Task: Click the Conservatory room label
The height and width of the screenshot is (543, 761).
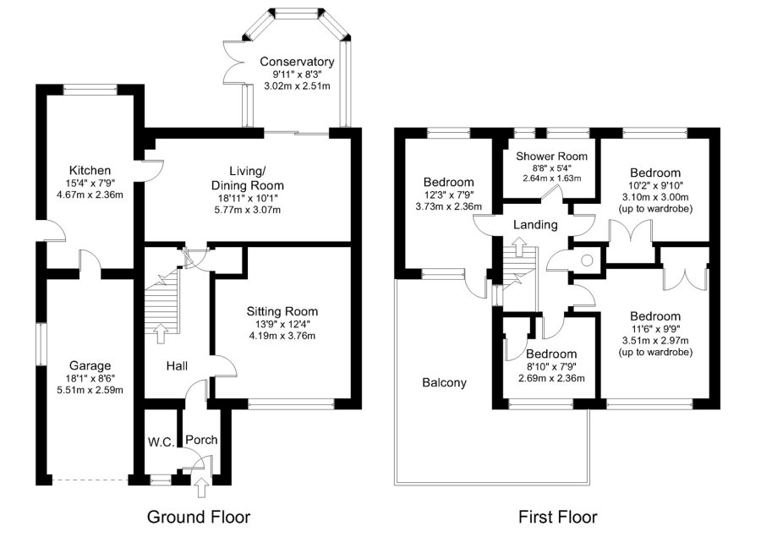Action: point(297,62)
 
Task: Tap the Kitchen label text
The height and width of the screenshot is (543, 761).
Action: point(90,147)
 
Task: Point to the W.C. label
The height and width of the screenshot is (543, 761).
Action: point(160,441)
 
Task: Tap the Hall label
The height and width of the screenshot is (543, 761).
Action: point(177,365)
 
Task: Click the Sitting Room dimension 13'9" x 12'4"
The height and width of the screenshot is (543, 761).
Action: point(282,324)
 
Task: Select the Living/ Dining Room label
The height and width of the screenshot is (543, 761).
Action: point(247,178)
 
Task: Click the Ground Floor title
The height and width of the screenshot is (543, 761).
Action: point(199,516)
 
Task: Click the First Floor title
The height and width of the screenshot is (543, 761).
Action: point(558,516)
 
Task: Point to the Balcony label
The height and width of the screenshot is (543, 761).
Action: point(444,382)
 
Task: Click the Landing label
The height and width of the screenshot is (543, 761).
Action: point(534,225)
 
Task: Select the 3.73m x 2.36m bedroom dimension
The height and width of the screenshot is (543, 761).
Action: point(448,206)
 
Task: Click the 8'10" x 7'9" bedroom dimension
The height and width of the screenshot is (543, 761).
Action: point(551,366)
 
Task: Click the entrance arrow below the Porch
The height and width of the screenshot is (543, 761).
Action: point(200,485)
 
